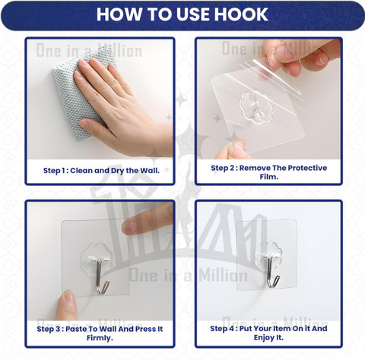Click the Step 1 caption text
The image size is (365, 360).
click(101, 171)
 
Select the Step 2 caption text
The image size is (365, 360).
click(269, 172)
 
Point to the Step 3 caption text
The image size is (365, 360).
click(100, 333)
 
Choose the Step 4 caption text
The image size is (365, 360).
click(268, 333)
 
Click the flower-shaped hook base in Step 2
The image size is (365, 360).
click(256, 107)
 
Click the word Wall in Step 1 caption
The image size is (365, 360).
click(150, 171)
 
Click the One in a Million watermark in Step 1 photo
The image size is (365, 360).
click(89, 51)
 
